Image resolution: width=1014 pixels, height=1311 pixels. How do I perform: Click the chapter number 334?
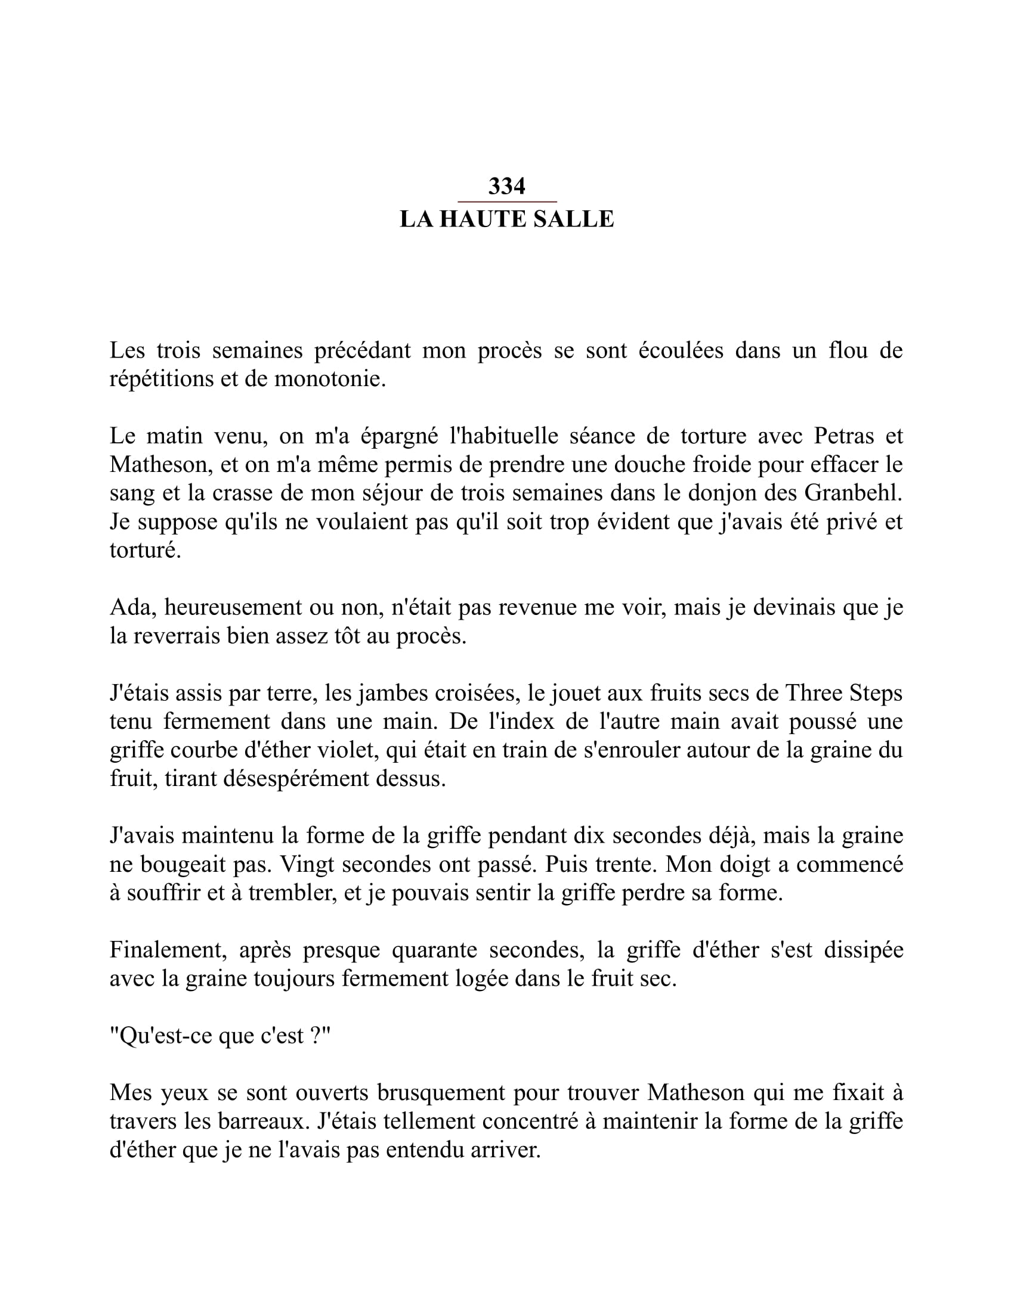[x=506, y=187]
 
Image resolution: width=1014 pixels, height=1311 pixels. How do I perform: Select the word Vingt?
[x=308, y=865]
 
